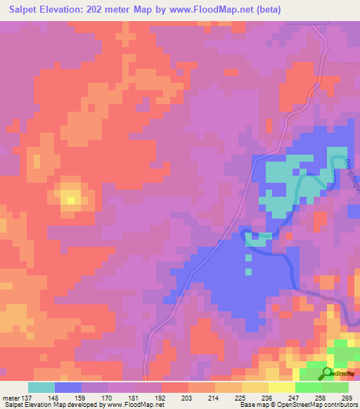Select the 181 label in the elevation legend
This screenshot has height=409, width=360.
coord(134,397)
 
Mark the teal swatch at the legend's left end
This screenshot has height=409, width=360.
coord(41,387)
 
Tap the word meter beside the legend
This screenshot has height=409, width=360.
coord(11,397)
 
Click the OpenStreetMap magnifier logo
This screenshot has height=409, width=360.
coord(326,372)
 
